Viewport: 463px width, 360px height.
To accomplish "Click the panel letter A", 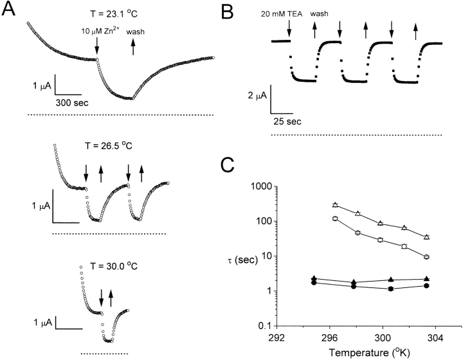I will click(12, 12).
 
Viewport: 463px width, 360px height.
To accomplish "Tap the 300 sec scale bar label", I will click(73, 102).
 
